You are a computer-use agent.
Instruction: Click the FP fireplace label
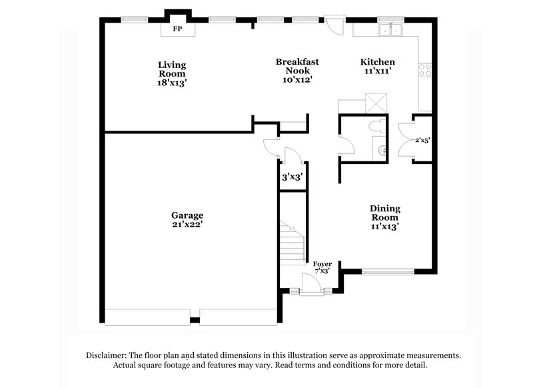pos(177,30)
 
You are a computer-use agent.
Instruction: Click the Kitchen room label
pos(377,61)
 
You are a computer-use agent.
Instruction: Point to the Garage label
pos(187,215)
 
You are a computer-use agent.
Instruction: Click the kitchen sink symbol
pos(389,29)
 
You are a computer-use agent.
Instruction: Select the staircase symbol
pos(290,243)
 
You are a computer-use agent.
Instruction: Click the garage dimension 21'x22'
pos(187,225)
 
